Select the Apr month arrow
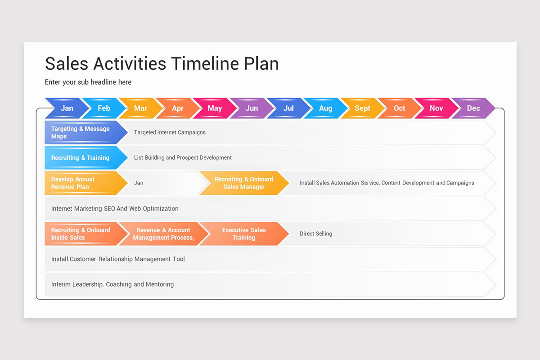[178, 108]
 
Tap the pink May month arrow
[215, 108]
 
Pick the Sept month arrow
[362, 108]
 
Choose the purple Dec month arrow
[473, 108]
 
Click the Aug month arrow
[325, 108]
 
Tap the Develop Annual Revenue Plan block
[81, 183]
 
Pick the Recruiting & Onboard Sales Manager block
[244, 183]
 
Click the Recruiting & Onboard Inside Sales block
[81, 234]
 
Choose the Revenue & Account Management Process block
[163, 234]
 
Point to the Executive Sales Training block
[244, 234]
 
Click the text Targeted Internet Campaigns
[170, 132]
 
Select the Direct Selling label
[316, 234]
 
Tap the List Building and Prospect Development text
[183, 157]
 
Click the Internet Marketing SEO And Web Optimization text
[115, 208]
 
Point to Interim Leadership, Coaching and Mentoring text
[112, 284]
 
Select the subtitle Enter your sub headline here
[88, 82]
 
